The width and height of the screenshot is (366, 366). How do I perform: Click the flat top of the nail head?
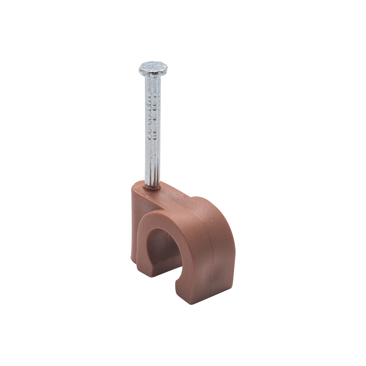[153, 66]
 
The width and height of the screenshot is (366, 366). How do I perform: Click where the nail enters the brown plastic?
[152, 186]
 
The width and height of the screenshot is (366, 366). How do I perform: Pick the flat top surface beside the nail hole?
[168, 193]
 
